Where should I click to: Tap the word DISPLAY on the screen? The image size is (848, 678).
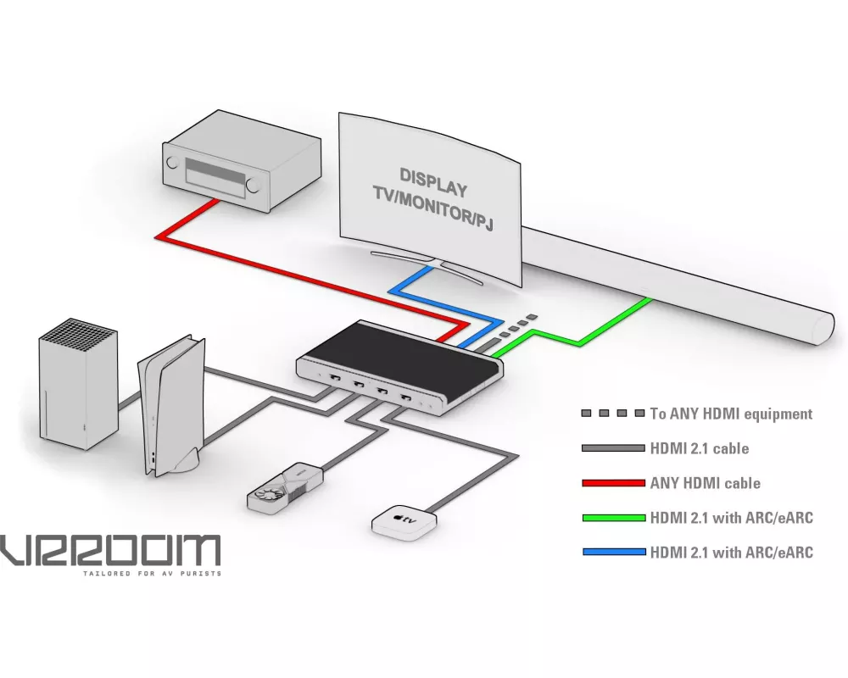point(432,178)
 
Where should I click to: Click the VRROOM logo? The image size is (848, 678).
point(110,551)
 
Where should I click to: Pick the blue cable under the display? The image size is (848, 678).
point(416,288)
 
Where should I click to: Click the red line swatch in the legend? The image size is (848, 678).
point(613,483)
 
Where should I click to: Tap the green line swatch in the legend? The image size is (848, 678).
point(613,518)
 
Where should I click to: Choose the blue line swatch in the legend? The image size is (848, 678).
point(613,553)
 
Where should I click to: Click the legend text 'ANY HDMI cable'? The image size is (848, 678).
point(705,483)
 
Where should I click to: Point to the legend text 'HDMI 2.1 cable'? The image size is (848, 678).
point(699,448)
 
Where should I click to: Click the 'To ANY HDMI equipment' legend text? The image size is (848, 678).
point(730,414)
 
